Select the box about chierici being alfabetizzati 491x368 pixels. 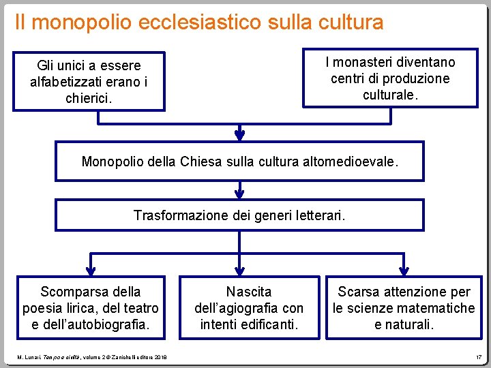click(x=89, y=81)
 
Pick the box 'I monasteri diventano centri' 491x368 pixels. click(x=390, y=78)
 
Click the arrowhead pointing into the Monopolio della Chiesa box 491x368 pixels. click(x=239, y=134)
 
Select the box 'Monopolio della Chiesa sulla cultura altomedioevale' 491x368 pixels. click(x=239, y=162)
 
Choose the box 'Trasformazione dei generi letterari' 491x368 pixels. click(x=239, y=215)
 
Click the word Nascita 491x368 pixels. click(x=249, y=292)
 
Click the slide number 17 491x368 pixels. click(x=479, y=356)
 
